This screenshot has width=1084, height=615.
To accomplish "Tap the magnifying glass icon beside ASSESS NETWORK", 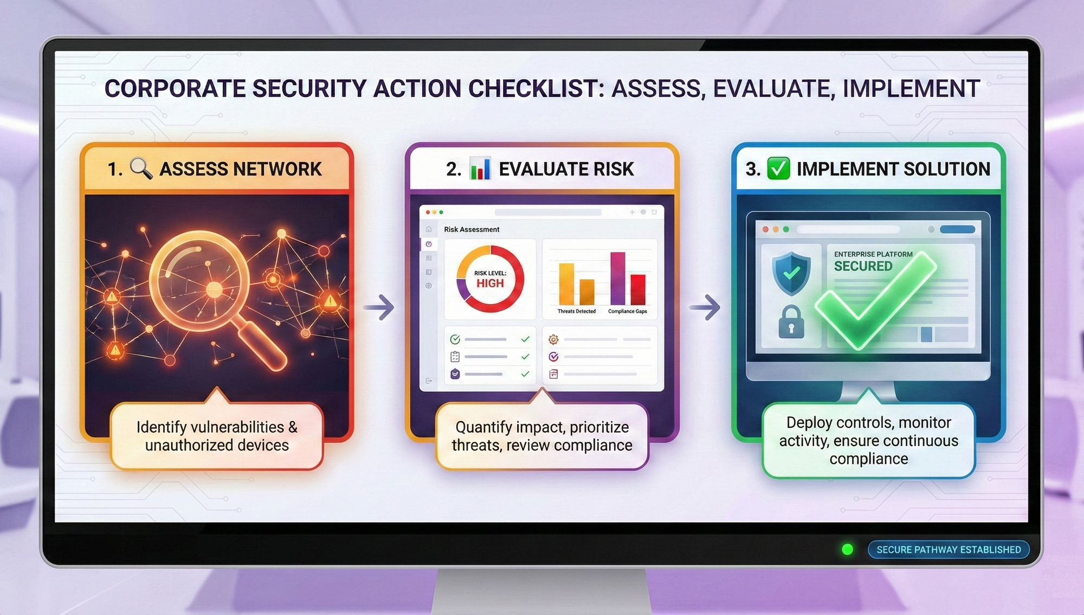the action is pyautogui.click(x=141, y=168).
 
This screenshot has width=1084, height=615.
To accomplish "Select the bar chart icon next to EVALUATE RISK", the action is pyautogui.click(x=480, y=168).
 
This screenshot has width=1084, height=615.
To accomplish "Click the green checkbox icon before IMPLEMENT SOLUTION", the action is pyautogui.click(x=778, y=168).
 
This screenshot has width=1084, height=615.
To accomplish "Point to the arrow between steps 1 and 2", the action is pyautogui.click(x=379, y=307).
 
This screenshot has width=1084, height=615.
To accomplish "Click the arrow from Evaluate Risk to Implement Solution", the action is pyautogui.click(x=705, y=307).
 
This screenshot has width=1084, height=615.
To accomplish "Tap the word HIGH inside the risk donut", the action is pyautogui.click(x=490, y=283).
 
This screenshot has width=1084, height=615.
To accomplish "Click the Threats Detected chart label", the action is pyautogui.click(x=577, y=311).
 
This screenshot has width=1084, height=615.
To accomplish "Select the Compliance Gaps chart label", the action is pyautogui.click(x=628, y=311).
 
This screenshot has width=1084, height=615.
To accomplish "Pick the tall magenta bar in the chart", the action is pyautogui.click(x=617, y=278).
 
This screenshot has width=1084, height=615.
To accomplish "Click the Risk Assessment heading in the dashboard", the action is pyautogui.click(x=472, y=230).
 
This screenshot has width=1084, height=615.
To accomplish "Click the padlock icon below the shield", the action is pyautogui.click(x=791, y=322).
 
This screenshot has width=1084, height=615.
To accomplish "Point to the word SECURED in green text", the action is pyautogui.click(x=863, y=266).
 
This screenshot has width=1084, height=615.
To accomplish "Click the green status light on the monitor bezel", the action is pyautogui.click(x=848, y=549).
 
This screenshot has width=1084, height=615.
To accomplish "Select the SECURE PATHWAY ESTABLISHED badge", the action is pyautogui.click(x=949, y=549).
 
